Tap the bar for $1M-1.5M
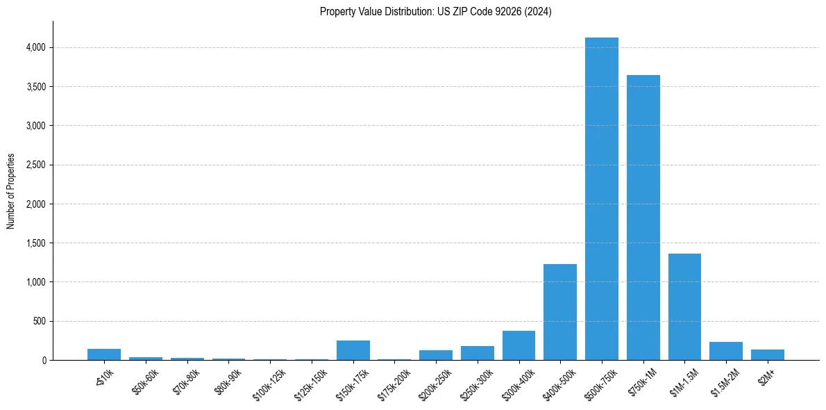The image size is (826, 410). pyautogui.click(x=684, y=306)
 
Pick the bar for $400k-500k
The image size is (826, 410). pyautogui.click(x=559, y=312)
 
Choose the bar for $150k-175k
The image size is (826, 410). pyautogui.click(x=353, y=350)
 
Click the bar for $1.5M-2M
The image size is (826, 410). pyautogui.click(x=725, y=351)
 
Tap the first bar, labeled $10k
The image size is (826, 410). pyautogui.click(x=104, y=354)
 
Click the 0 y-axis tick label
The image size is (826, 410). pyautogui.click(x=44, y=360)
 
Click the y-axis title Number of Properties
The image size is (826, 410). pyautogui.click(x=10, y=190)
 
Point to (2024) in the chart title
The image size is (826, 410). pyautogui.click(x=539, y=11)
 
